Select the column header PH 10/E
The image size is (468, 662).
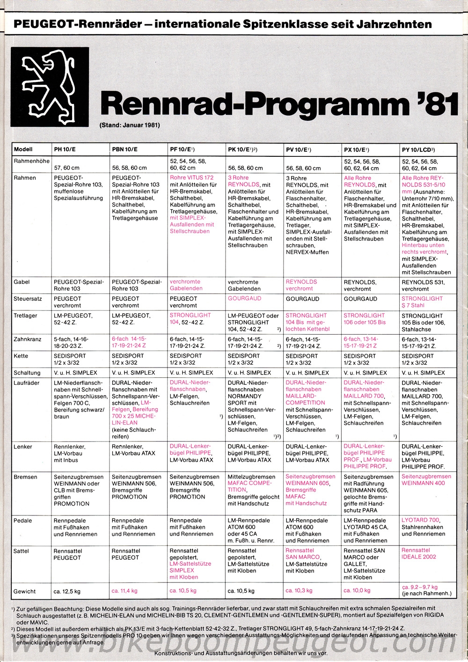tap(65, 150)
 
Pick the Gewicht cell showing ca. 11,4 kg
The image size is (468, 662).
tap(124, 591)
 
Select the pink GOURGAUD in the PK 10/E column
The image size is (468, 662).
tap(244, 298)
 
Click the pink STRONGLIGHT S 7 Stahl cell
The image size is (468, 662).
tap(422, 302)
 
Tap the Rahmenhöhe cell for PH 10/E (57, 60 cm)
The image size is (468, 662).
tap(67, 168)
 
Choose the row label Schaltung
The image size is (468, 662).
tap(27, 373)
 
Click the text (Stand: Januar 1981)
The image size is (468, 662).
tap(130, 125)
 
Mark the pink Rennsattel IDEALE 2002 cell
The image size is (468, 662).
tap(418, 554)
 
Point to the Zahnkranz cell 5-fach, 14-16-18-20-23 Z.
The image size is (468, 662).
tap(71, 343)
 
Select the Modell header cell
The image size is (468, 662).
tap(23, 150)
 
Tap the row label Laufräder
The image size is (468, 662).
tap(27, 383)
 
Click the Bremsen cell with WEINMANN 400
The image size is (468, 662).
tap(426, 480)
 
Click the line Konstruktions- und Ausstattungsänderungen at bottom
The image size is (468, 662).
tap(241, 653)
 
